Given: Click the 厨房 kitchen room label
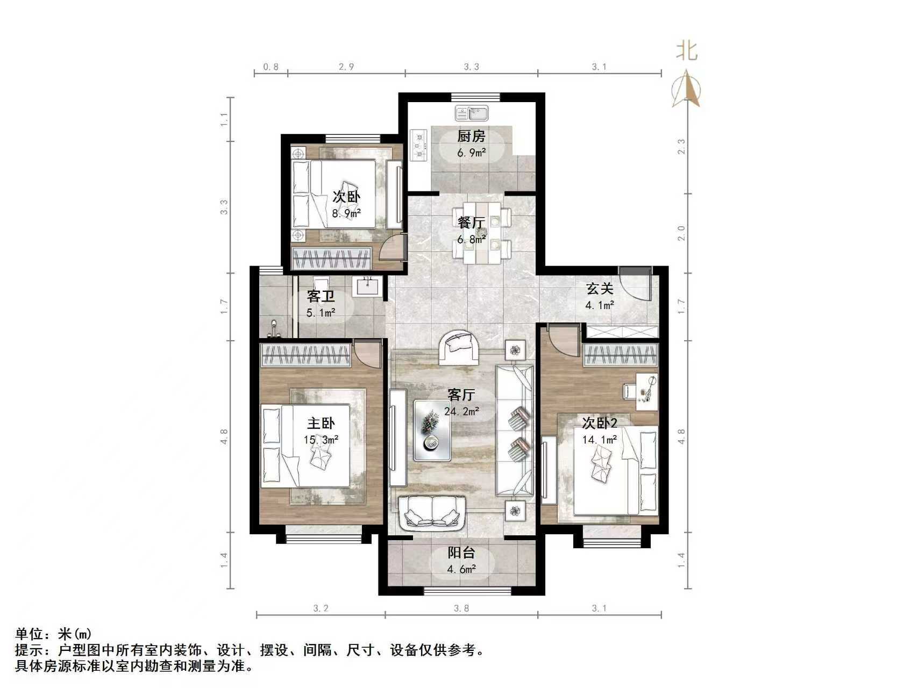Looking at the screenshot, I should coord(471,137).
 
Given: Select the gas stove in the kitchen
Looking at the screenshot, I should coord(418,145).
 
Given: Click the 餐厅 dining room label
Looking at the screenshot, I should coord(471,222).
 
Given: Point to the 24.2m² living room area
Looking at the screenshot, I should coord(461,412).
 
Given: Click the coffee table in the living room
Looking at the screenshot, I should coord(432,430).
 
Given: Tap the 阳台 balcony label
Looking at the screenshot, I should coord(461,553).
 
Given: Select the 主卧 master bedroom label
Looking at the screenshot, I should coord(321,424).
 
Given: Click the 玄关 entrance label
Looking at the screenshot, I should coord(600,289).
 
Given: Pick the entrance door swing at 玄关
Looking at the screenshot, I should coord(636,284).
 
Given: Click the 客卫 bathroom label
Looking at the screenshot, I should coord(321,296).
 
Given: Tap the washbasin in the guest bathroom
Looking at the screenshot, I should coord(368,285).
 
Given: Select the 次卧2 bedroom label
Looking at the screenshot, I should coord(600,423).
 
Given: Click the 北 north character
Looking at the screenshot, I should coord(687,51).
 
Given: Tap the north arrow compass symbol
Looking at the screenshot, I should coord(687,90).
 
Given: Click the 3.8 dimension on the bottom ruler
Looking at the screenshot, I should coord(461,608).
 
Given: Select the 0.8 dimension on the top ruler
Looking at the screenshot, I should coord(271,67).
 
